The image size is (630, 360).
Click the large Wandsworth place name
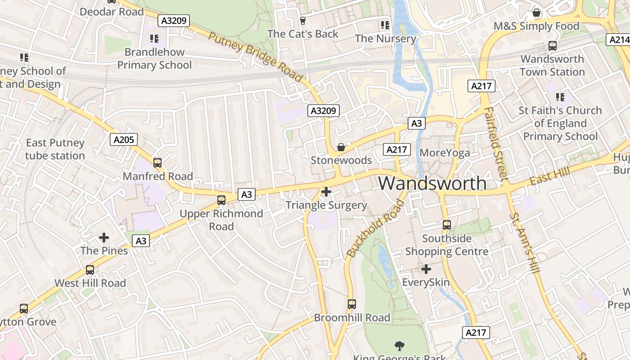pos(432,184)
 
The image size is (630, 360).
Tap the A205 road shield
pos(124,139)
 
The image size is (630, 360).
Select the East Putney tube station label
pos(55,149)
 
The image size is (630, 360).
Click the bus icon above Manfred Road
pos(157,163)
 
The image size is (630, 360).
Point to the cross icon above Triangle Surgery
pos(326,192)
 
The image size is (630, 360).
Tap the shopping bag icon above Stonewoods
pos(341,147)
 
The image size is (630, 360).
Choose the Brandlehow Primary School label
pos(154,58)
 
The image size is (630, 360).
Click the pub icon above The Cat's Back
pos(302,20)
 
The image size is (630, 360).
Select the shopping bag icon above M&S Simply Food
pos(536,13)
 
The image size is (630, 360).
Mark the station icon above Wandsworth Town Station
pos(553,45)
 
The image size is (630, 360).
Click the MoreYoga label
pos(445,153)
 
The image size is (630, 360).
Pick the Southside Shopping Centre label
pos(447,245)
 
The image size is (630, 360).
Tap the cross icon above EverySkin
pos(426,269)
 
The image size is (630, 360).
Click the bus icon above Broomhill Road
pos(352,304)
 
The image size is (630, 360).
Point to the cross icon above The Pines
pos(104,237)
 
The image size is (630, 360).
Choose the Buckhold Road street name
pos(376,229)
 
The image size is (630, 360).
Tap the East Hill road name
pos(550,176)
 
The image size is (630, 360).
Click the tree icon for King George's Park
pos(399,346)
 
